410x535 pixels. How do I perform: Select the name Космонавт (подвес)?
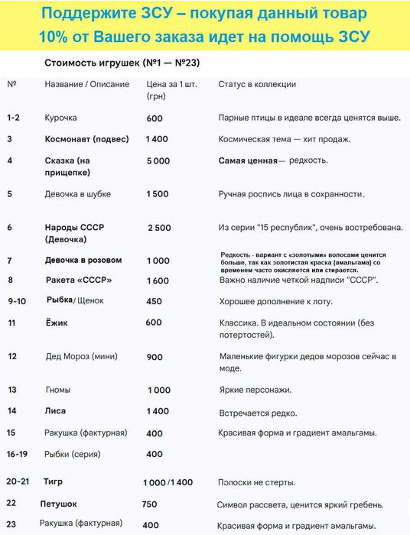point(86,139)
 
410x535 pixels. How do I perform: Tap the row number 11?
point(11,323)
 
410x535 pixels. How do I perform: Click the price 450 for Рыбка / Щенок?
point(154,301)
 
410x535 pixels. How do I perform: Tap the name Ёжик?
point(57,323)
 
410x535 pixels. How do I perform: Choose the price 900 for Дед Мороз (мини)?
point(154,357)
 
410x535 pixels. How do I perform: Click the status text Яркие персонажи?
point(255,391)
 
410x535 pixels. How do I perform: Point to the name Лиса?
point(56,411)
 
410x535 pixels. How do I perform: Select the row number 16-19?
point(18,454)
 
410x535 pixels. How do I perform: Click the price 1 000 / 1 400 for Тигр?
point(168,483)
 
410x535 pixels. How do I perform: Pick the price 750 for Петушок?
point(150,504)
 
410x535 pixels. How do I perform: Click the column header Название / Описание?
point(87,83)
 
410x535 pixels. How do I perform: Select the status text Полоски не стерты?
point(257,483)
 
